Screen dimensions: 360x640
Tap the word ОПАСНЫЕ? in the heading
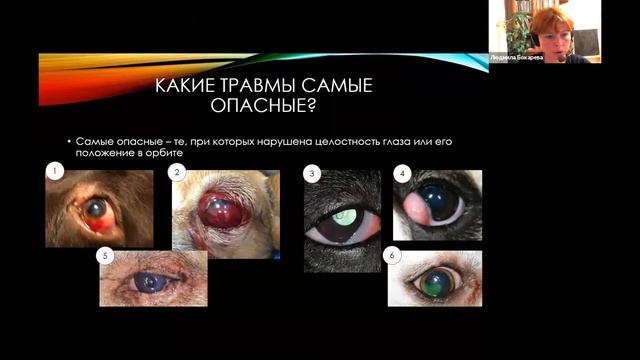(262, 106)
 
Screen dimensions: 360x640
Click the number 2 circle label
(177, 173)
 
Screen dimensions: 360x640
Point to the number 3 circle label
(312, 174)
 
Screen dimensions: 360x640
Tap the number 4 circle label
(401, 173)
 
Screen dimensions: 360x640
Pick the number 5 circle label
(103, 256)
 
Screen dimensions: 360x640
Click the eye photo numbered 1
(99, 209)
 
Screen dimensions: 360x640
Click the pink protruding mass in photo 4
(414, 209)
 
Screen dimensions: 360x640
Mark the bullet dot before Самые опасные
(67, 143)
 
